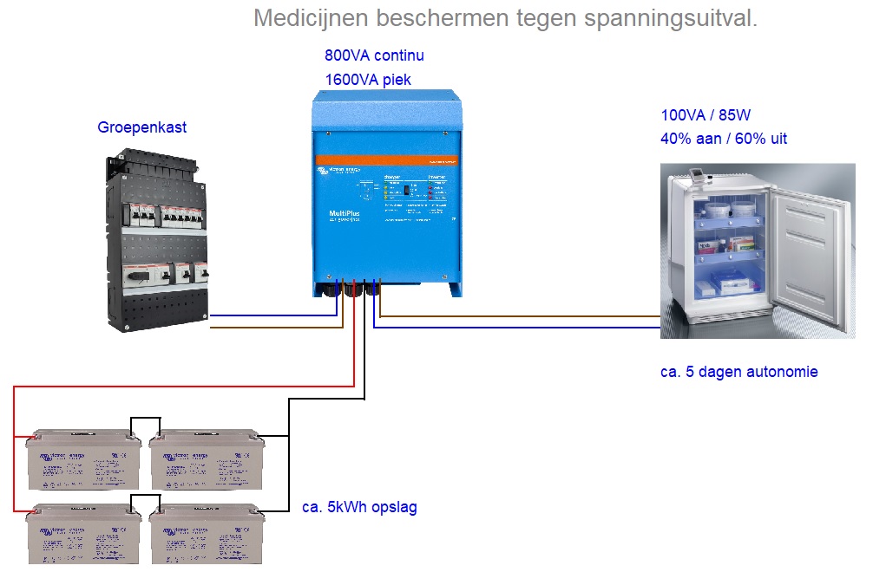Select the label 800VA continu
374,56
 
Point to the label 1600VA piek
368,80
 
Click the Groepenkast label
141,128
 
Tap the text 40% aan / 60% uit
724,139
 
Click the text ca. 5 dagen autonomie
738,372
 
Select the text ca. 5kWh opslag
359,507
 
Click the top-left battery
83,460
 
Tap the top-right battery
207,460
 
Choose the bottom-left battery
83,536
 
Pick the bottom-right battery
207,536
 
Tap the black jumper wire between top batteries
145,418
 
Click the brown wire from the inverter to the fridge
521,317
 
